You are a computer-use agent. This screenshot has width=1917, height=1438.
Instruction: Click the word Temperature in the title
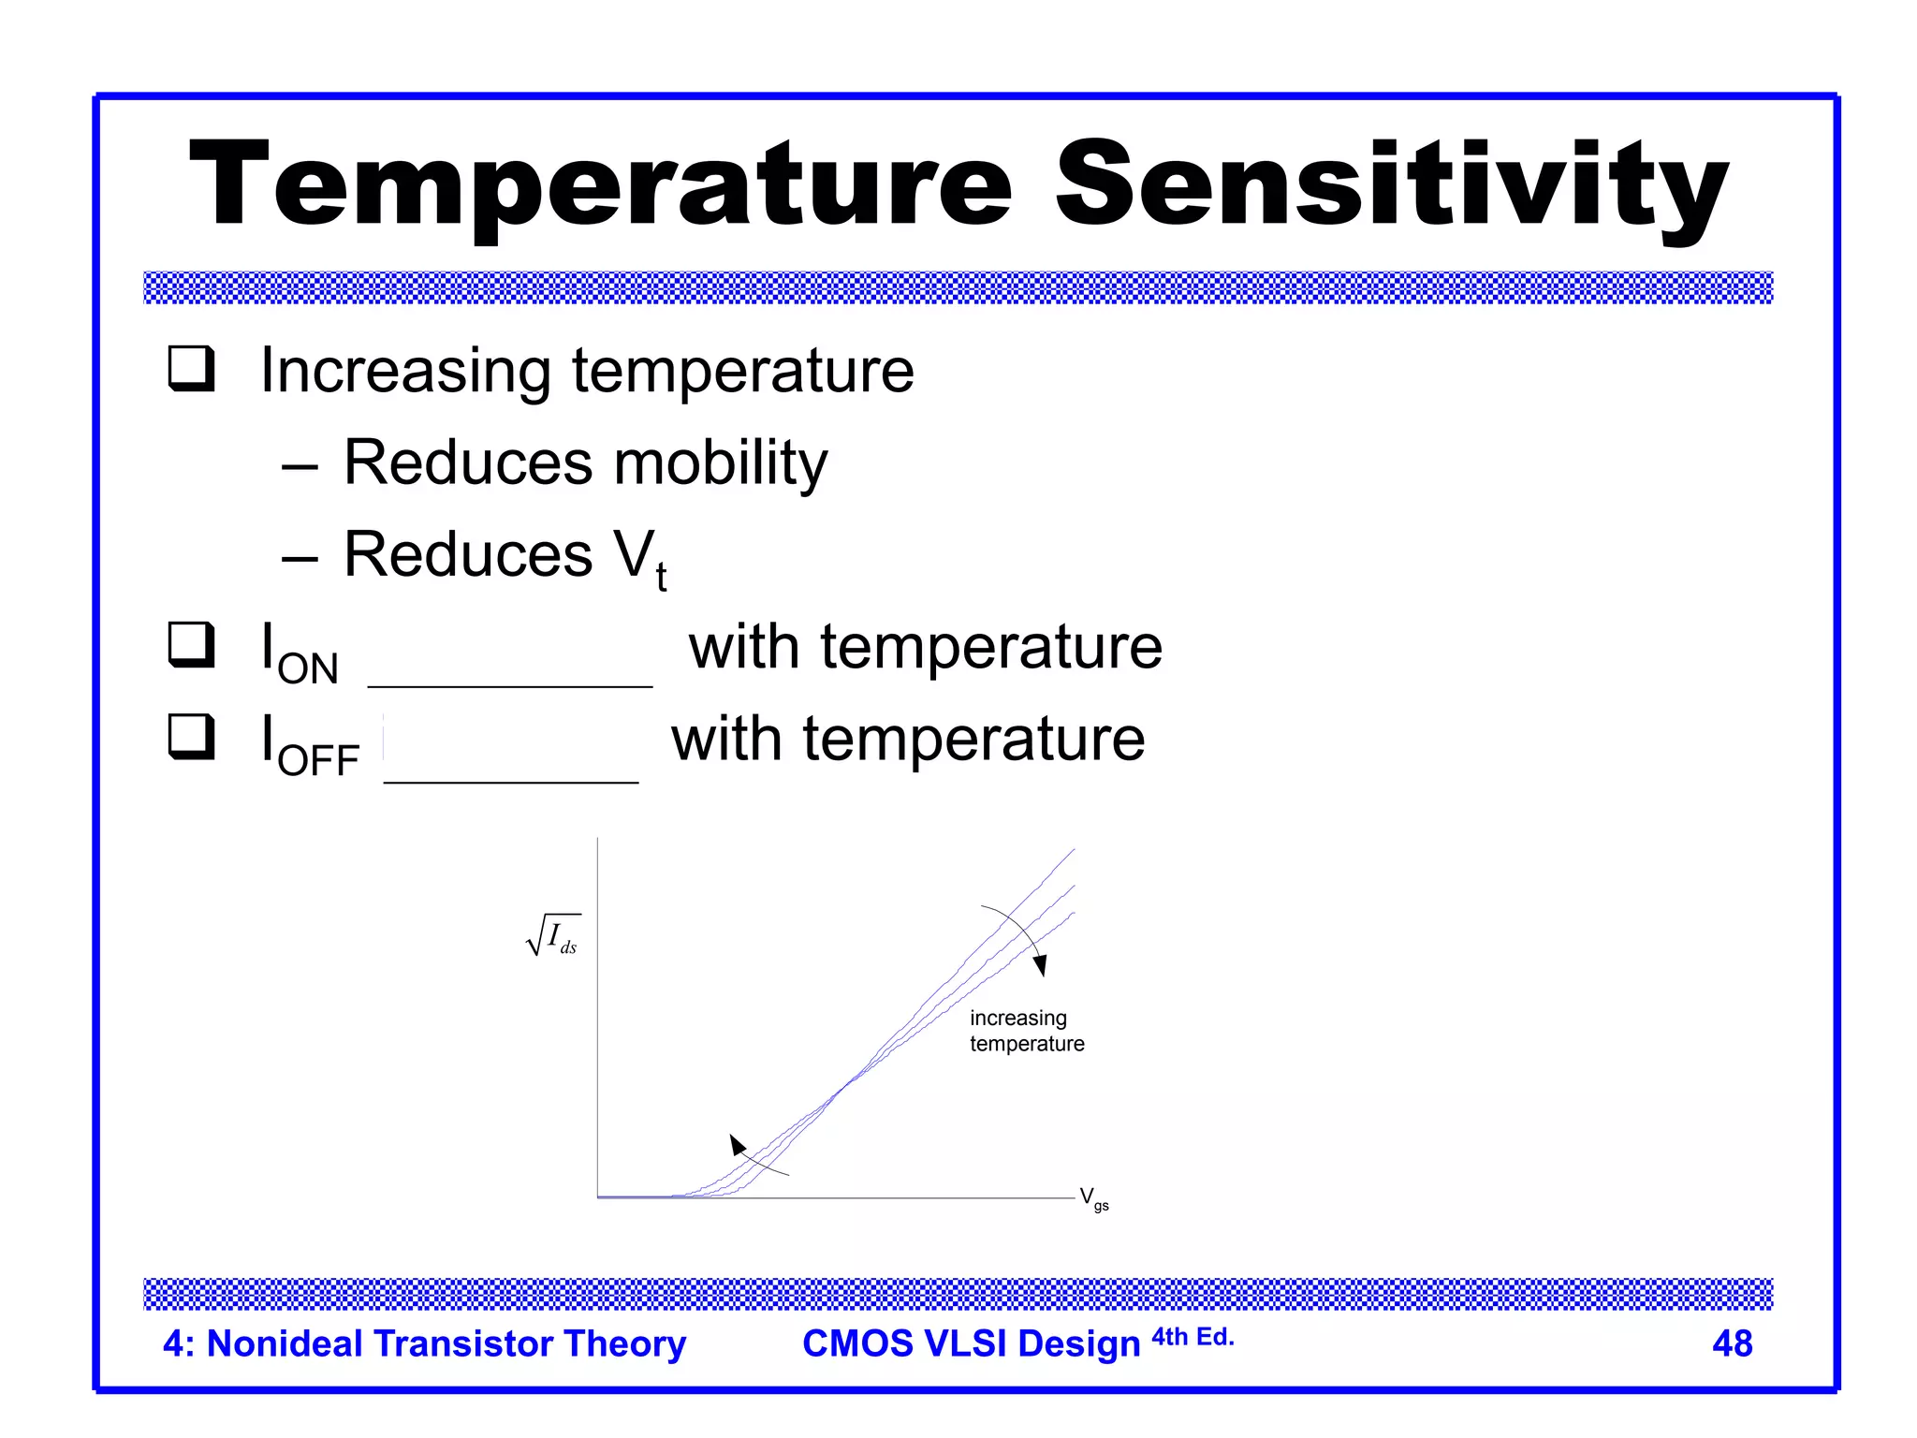(600, 184)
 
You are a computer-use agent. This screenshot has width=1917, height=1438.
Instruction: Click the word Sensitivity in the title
(1391, 184)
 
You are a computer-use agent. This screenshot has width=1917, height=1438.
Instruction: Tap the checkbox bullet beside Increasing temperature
(192, 368)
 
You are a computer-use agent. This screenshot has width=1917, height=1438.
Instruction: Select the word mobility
(720, 462)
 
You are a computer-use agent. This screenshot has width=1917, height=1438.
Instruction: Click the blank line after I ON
(510, 684)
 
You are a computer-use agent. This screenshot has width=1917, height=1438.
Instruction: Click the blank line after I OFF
(511, 780)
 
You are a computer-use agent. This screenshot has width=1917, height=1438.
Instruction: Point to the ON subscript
(308, 669)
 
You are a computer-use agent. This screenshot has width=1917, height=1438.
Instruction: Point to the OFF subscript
(318, 761)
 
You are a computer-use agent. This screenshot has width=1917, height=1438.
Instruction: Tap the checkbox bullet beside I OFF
(192, 736)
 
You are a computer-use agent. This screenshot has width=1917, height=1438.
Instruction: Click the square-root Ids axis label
(554, 935)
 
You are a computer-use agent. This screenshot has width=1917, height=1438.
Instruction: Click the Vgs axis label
(1093, 1198)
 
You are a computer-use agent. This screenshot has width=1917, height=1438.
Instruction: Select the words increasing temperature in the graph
(1026, 1031)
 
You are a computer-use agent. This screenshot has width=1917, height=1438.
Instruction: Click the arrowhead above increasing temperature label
(1040, 965)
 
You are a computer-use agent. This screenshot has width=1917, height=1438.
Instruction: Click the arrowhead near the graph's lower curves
(738, 1144)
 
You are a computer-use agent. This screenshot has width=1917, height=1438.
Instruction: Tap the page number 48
(1732, 1343)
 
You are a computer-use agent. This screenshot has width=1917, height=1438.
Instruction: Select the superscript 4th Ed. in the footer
(1193, 1337)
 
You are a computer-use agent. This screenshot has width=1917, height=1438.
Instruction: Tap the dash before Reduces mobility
(300, 465)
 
